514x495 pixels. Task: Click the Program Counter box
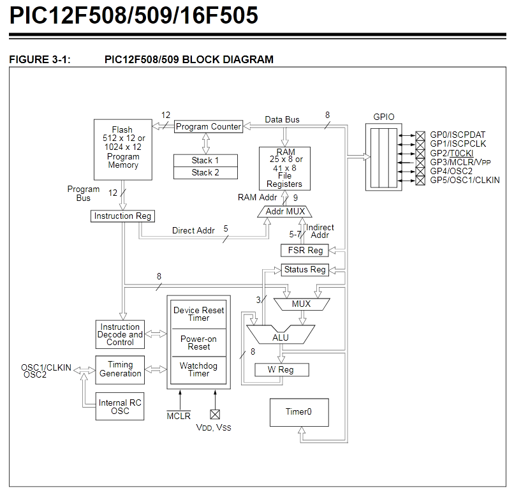[x=209, y=126]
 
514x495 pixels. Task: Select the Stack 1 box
[x=205, y=160]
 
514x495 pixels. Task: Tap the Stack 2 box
[x=205, y=172]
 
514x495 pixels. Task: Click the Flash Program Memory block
[x=122, y=149]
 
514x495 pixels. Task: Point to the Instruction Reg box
[x=123, y=216]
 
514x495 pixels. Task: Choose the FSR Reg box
[x=305, y=250]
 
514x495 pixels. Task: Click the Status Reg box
[x=305, y=270]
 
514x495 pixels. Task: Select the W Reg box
[x=282, y=370]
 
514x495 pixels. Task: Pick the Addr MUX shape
[x=285, y=211]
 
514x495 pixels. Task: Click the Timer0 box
[x=298, y=412]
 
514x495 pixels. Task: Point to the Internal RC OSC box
[x=120, y=407]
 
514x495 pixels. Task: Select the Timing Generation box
[x=120, y=369]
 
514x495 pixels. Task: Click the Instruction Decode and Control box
[x=120, y=334]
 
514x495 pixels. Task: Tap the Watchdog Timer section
[x=199, y=370]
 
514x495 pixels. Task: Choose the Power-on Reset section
[x=199, y=343]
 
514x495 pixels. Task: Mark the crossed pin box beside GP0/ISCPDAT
[x=420, y=135]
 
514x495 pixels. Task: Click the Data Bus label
[x=282, y=119]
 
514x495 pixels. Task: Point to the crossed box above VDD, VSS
[x=214, y=414]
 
